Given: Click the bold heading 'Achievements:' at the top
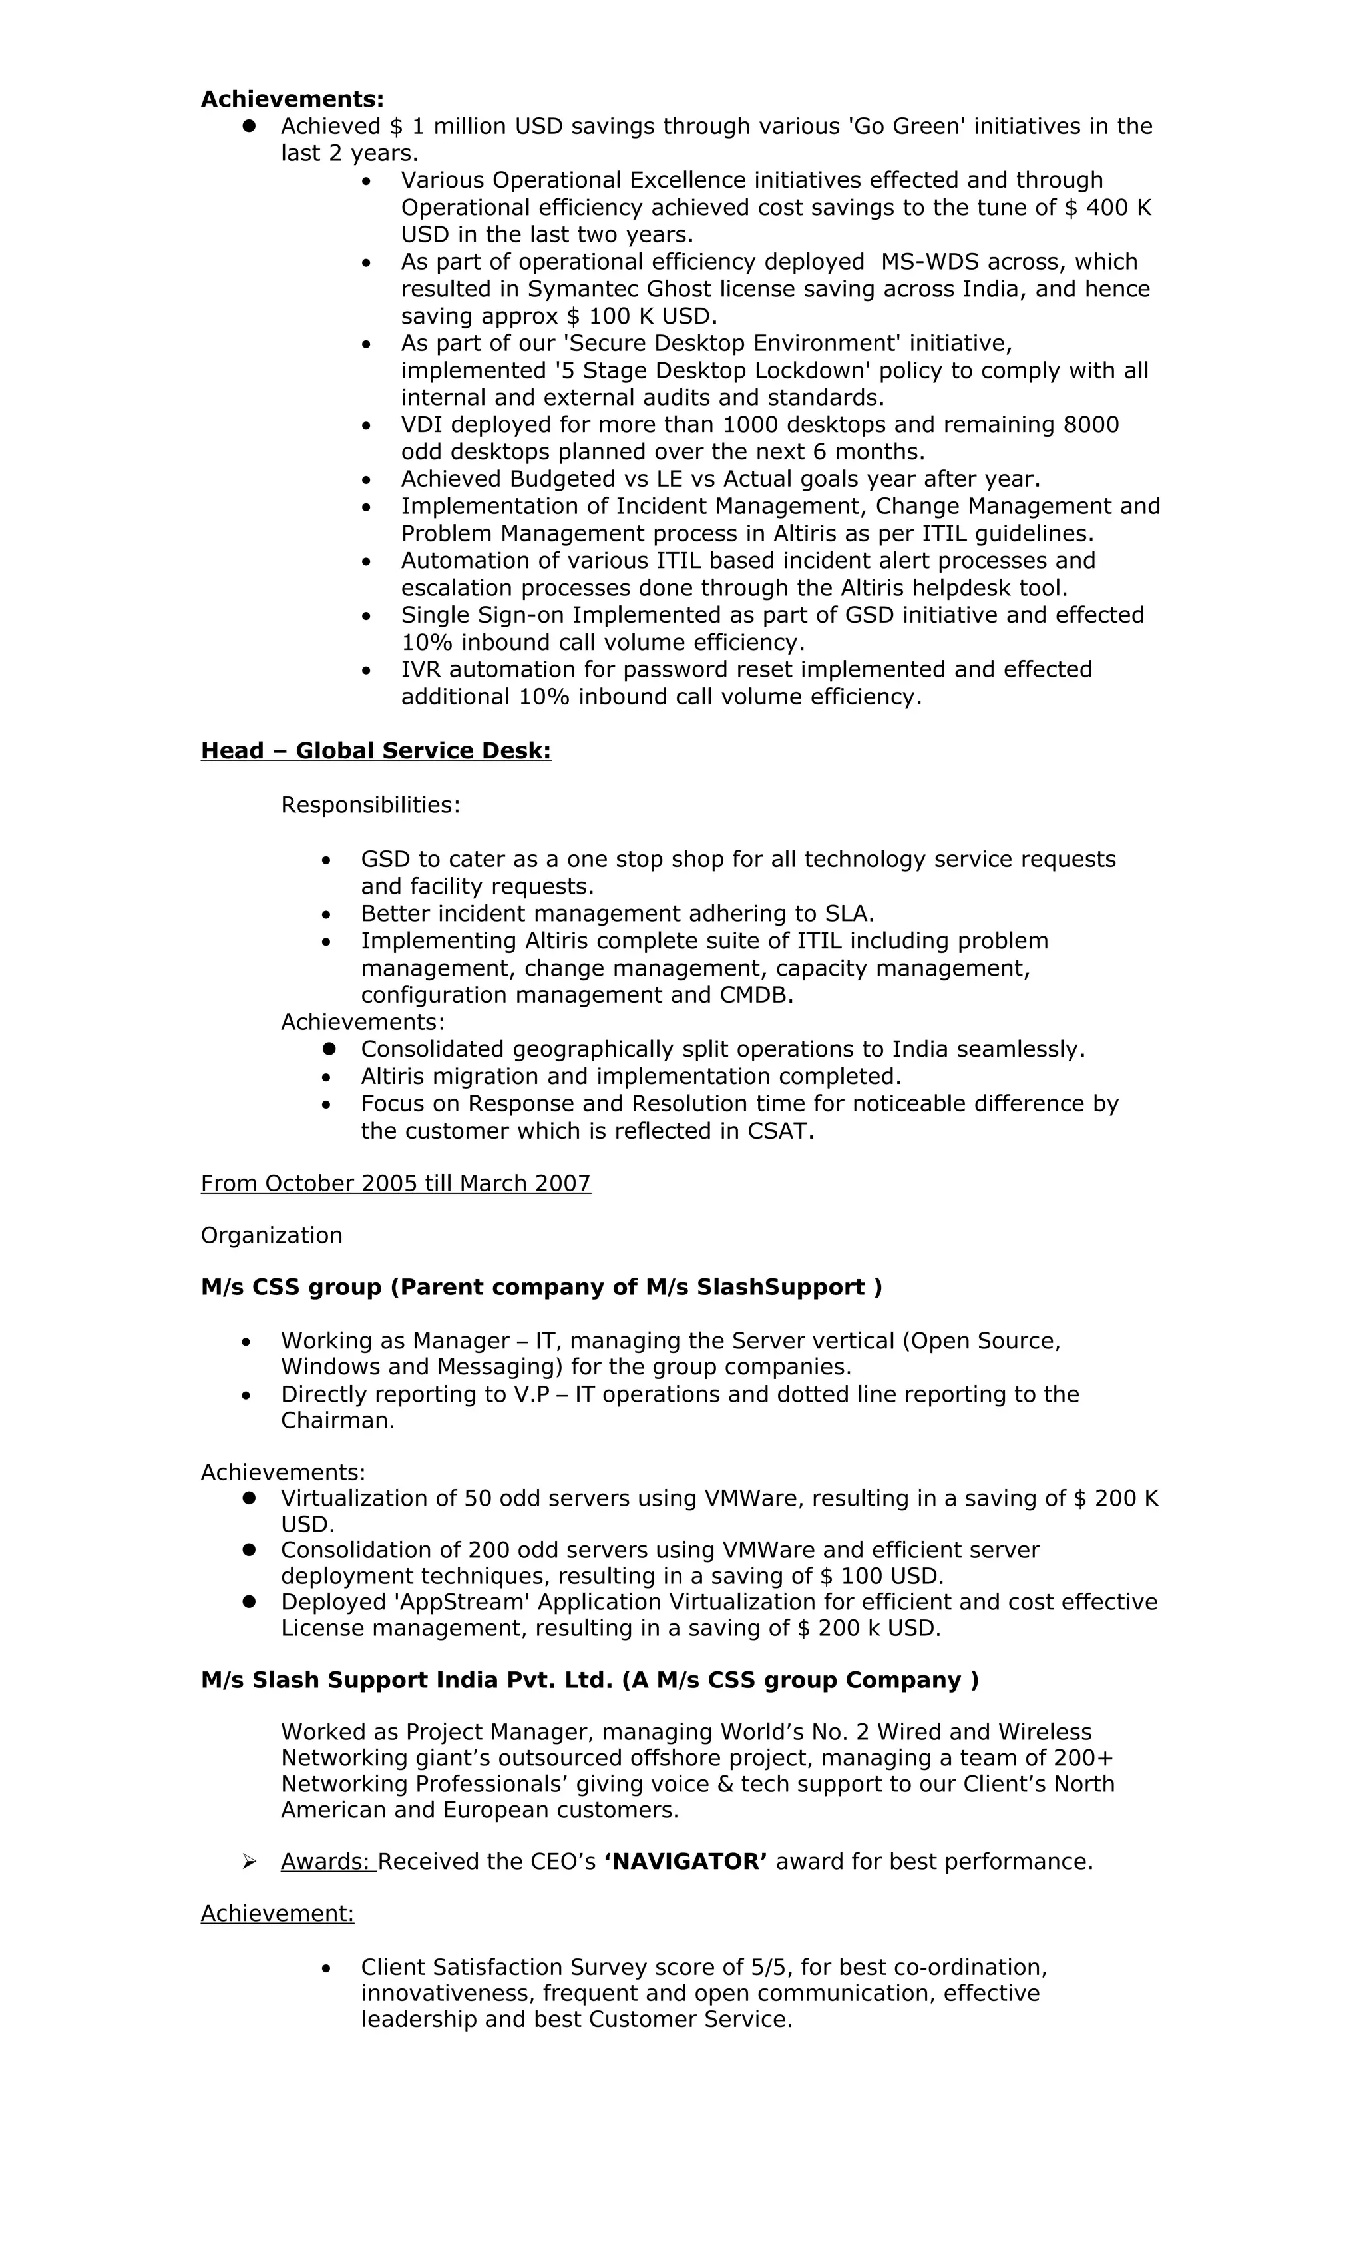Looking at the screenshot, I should tap(292, 99).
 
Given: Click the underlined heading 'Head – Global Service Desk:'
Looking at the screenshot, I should tap(375, 750).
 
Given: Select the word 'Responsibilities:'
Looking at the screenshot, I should tap(370, 805).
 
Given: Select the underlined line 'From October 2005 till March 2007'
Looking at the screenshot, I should tap(395, 1183).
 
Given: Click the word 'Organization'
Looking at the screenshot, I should tap(272, 1235).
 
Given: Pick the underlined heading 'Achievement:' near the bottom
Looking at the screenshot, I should tap(277, 1913).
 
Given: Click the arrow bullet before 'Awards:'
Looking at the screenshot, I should tap(250, 1861).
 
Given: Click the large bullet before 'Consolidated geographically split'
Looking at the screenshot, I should tap(329, 1049).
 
